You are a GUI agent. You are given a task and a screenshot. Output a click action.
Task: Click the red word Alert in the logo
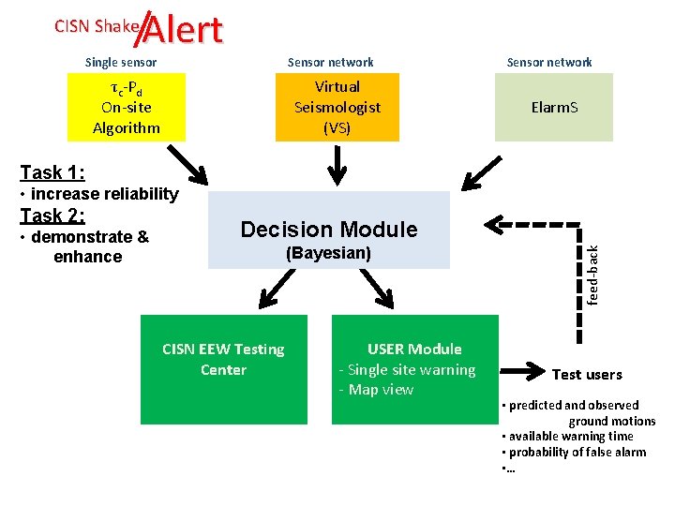pos(184,30)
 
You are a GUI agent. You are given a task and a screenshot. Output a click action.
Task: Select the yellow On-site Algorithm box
pos(127,107)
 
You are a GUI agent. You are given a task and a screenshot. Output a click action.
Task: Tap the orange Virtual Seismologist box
pos(337,107)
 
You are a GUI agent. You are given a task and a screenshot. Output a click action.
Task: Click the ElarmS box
pos(554,107)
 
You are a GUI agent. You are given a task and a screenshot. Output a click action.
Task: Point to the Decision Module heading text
pos(329,230)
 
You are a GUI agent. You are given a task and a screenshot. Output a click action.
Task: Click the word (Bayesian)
pos(329,254)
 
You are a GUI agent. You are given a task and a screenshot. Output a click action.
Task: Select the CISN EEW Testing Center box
pos(223,368)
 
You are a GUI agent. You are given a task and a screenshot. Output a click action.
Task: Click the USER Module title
pos(414,349)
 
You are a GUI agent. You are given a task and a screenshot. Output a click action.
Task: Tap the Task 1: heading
pos(52,172)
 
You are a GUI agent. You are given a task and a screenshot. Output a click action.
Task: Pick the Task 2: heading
pos(52,216)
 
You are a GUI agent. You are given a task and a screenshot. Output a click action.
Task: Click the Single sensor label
pos(121,63)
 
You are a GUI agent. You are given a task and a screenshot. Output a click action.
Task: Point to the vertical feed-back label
pos(592,273)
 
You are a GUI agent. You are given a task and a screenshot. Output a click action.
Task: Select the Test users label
pos(587,375)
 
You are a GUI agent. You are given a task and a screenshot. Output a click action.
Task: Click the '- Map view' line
pos(375,390)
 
